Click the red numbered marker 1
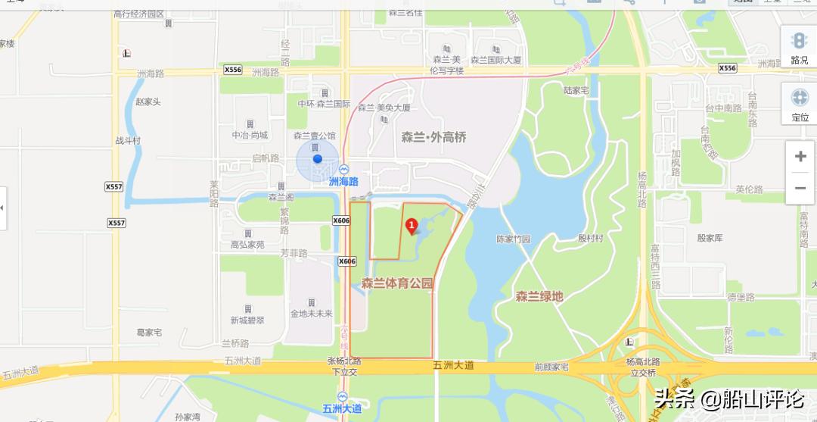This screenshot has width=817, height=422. click(412, 225)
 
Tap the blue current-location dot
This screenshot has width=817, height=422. click(318, 159)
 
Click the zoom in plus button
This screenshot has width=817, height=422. click(800, 157)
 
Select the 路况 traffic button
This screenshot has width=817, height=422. click(800, 47)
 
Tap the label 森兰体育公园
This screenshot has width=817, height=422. click(397, 284)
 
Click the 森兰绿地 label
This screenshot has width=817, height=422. click(539, 297)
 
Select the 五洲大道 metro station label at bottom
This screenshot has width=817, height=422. click(342, 408)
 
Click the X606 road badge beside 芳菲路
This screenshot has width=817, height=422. click(346, 261)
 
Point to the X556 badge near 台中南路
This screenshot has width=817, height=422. click(726, 68)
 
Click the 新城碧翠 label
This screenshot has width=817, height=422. click(247, 320)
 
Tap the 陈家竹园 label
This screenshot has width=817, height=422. click(514, 239)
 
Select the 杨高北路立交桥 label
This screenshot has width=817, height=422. click(641, 367)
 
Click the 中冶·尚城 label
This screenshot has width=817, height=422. click(250, 135)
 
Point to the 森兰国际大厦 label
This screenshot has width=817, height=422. click(496, 59)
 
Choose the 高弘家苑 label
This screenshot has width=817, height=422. click(247, 245)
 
